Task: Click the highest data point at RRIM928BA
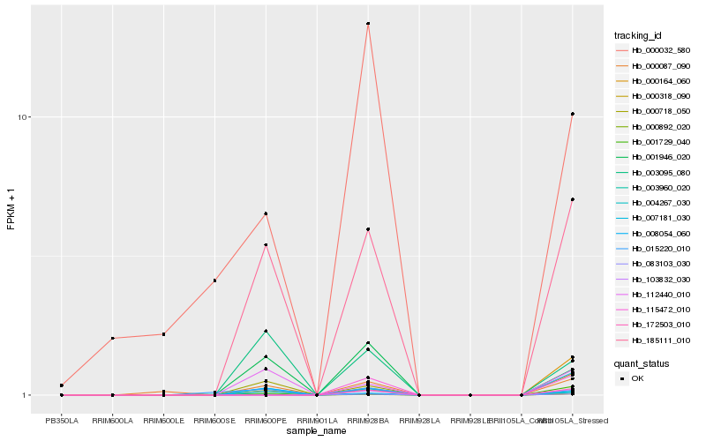tap(368, 24)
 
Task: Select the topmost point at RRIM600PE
tap(266, 213)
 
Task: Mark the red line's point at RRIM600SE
tap(214, 280)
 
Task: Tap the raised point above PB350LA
tap(62, 385)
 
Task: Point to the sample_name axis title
tap(317, 431)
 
